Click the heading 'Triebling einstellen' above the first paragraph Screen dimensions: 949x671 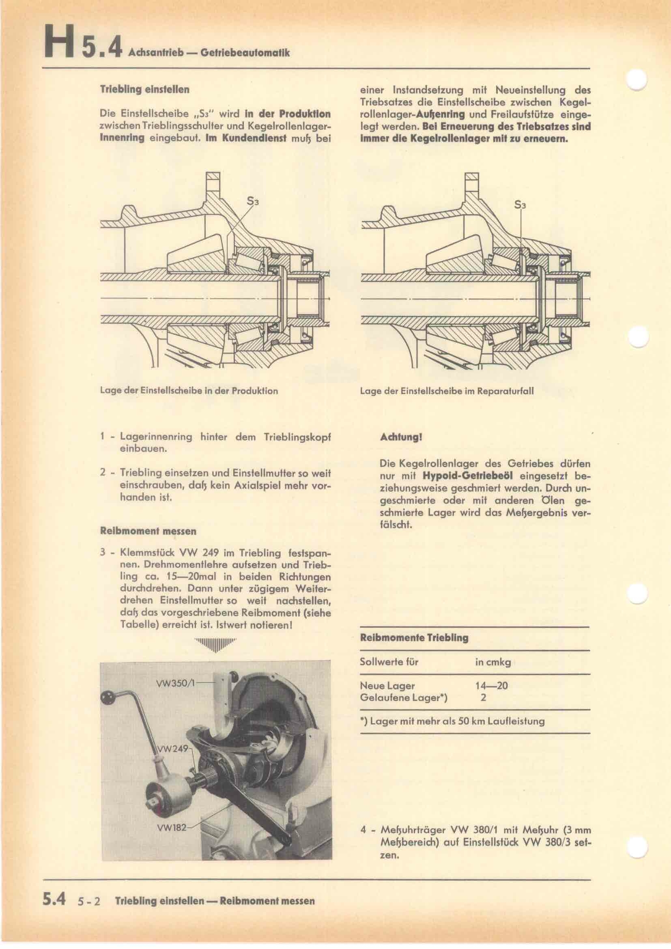point(144,89)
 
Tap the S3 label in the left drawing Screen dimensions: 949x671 point(252,201)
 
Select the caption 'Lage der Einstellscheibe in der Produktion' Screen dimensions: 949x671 point(189,391)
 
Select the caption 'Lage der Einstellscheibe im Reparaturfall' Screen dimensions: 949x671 point(447,391)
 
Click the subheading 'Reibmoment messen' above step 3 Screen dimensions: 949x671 point(148,531)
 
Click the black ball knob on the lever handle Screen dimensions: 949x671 point(109,697)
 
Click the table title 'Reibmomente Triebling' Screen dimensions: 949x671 point(414,638)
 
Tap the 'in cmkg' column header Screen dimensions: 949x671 point(493,662)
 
